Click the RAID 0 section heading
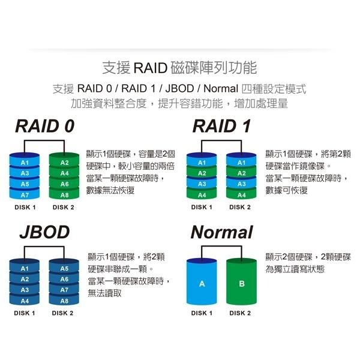pyautogui.click(x=45, y=127)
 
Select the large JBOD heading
pyautogui.click(x=44, y=232)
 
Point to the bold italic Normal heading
pyautogui.click(x=221, y=232)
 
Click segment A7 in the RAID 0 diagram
pyautogui.click(x=25, y=195)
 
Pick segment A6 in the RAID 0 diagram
pyautogui.click(x=65, y=184)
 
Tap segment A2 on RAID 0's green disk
pyautogui.click(x=65, y=163)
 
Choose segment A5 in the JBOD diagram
pyautogui.click(x=64, y=268)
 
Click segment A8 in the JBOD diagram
pyautogui.click(x=64, y=301)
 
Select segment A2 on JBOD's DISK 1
pyautogui.click(x=25, y=279)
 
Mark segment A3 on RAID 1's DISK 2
pyautogui.click(x=241, y=184)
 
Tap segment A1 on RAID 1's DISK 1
pyautogui.click(x=202, y=163)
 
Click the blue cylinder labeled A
pyautogui.click(x=202, y=283)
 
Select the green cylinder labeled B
pyautogui.click(x=241, y=283)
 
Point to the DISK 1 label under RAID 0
pyautogui.click(x=25, y=208)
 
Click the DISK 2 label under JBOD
pyautogui.click(x=63, y=313)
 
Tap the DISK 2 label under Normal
pyautogui.click(x=240, y=313)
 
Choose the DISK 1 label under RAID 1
pyautogui.click(x=202, y=208)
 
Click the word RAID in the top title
pyautogui.click(x=146, y=67)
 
